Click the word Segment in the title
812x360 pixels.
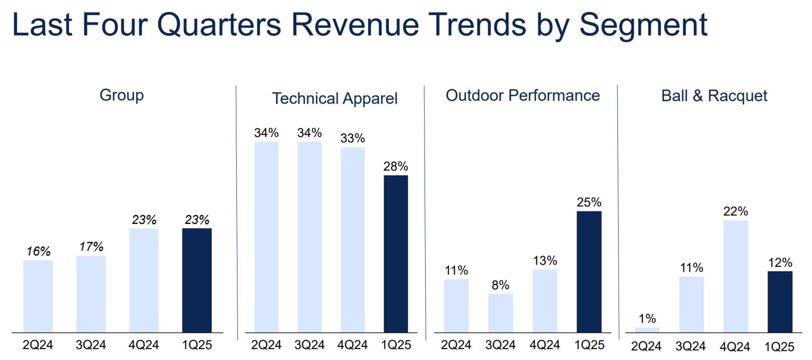[643, 24]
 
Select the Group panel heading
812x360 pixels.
[121, 95]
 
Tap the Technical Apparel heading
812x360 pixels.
[334, 98]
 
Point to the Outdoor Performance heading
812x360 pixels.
[523, 95]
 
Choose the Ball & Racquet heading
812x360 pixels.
[714, 96]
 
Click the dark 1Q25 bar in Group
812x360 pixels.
[197, 280]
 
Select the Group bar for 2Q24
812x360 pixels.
[38, 296]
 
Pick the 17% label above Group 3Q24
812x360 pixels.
[91, 247]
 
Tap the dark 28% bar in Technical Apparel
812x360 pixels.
[396, 254]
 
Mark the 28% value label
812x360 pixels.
[395, 167]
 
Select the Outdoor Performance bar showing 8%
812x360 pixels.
[500, 313]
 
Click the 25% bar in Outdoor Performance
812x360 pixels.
[589, 272]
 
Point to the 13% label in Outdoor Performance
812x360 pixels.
[545, 261]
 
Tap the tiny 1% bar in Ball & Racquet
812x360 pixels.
[647, 330]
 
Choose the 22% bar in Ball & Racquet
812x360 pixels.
[736, 276]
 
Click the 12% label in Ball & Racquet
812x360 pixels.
[780, 263]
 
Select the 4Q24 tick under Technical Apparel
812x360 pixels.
[353, 345]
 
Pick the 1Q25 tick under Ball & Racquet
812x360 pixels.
[779, 346]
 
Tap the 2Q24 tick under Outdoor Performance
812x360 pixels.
[456, 345]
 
